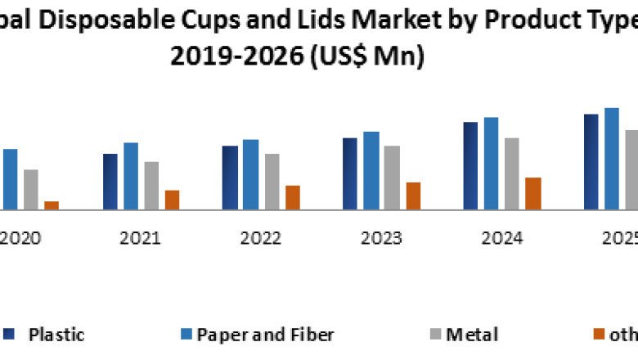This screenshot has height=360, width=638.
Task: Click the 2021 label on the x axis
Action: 140,238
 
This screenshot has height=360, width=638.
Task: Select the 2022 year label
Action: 260,238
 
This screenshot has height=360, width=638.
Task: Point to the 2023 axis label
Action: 381,238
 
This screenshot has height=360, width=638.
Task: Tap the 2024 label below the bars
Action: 501,238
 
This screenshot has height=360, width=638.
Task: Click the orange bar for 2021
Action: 172,200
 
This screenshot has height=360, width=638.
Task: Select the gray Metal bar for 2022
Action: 272,182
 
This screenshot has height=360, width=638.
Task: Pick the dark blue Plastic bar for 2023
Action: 350,173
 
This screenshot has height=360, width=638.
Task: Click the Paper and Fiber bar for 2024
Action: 491,164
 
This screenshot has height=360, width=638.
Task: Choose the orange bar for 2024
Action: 533,194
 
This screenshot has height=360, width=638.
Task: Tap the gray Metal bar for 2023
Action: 392,178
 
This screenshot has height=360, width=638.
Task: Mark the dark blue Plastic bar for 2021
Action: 110,182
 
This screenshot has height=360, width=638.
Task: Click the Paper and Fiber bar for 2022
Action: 250,174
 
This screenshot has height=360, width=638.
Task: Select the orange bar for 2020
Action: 52,205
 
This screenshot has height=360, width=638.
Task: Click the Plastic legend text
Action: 56,334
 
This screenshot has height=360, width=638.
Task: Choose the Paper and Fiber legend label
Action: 266,334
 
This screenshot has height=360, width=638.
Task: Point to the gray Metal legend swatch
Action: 436,334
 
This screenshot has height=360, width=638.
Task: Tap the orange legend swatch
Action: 599,334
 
